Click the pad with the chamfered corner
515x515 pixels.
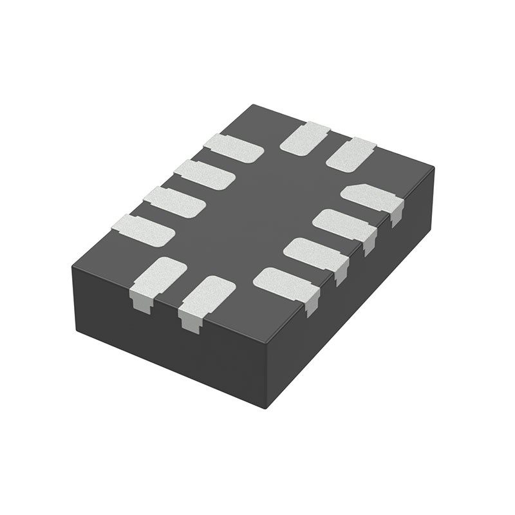[x=371, y=196]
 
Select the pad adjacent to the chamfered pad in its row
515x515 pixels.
[x=343, y=223]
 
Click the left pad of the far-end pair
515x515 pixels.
[x=304, y=138]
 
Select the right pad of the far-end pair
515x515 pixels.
[x=350, y=154]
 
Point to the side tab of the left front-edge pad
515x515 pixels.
[x=142, y=303]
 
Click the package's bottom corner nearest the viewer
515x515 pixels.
[x=266, y=407]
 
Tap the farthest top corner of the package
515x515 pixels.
[x=254, y=105]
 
